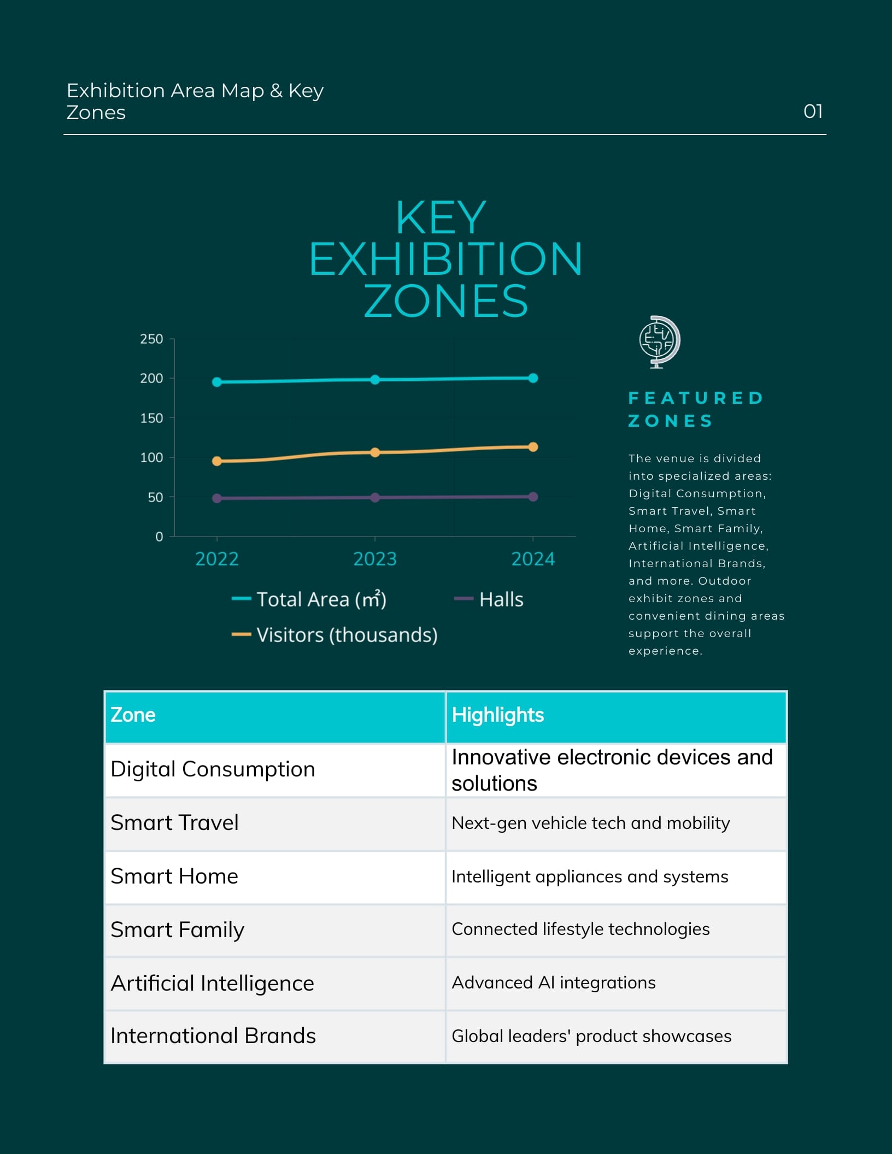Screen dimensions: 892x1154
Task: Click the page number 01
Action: click(x=813, y=111)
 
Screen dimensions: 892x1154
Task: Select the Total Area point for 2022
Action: click(x=217, y=382)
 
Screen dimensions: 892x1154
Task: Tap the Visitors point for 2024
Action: click(x=533, y=447)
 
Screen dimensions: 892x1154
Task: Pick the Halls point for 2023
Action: click(x=375, y=498)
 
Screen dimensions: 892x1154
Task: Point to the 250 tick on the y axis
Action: click(x=151, y=339)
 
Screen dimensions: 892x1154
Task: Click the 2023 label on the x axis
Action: click(x=375, y=559)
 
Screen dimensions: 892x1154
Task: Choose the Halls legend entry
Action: click(x=489, y=599)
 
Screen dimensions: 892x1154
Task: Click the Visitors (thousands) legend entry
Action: click(x=334, y=635)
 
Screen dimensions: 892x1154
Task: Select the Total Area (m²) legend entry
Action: click(x=309, y=599)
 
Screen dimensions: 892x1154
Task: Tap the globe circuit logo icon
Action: click(x=660, y=342)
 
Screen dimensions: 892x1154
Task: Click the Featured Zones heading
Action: click(x=695, y=409)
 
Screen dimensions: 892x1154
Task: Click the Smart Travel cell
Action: click(x=275, y=823)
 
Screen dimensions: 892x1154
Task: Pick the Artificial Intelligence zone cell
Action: click(x=275, y=984)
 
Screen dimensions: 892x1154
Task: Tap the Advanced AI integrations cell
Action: click(x=617, y=984)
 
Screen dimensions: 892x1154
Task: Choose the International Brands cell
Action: click(x=275, y=1037)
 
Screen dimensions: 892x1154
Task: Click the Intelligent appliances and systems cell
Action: click(x=617, y=877)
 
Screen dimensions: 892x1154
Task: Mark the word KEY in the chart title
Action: click(x=441, y=217)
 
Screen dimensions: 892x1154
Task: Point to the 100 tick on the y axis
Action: click(x=151, y=457)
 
